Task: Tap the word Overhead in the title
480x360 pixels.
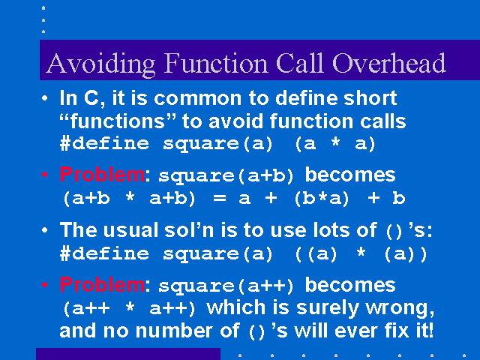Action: coord(388,63)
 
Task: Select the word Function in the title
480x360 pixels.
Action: coord(216,63)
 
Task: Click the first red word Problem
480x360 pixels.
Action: coord(102,175)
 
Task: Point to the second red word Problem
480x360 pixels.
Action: coord(102,284)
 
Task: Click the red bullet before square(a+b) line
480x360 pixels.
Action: coord(45,175)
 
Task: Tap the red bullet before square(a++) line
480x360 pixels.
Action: coord(45,285)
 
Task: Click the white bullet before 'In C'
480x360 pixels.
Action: coord(45,98)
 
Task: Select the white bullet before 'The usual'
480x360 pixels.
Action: coord(45,230)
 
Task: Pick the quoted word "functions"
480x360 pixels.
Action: coord(118,121)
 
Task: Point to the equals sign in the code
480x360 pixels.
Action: coord(220,198)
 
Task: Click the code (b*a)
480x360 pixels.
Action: coord(322,199)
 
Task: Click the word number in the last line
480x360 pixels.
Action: coord(187,331)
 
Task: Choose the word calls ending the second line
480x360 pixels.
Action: coord(383,121)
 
